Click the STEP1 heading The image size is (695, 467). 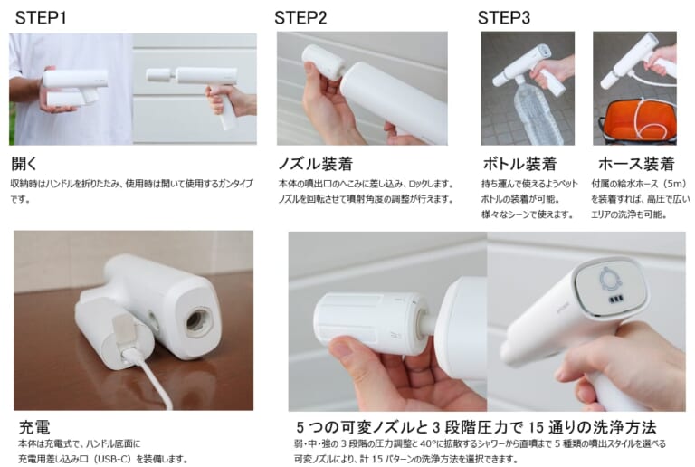tap(40, 17)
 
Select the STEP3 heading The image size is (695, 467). tap(503, 17)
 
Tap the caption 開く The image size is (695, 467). tap(25, 164)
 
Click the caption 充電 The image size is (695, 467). tap(34, 426)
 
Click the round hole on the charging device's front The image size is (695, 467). tap(198, 321)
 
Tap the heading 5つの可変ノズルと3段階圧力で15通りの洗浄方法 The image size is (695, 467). tap(475, 426)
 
